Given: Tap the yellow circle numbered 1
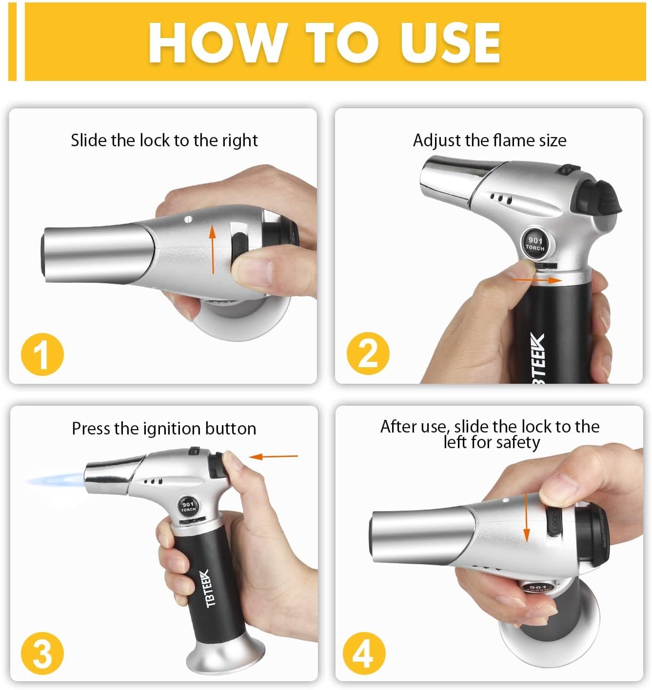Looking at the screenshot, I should coord(42,355).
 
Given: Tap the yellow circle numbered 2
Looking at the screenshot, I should coord(368,353).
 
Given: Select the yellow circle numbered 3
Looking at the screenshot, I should coord(42,653).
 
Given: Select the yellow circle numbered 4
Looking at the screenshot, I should coord(364,653).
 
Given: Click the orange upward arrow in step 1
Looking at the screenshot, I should coord(212,249).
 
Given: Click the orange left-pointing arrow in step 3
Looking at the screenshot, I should coord(273,456).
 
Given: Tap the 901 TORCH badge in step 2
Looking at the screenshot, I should coord(535,243).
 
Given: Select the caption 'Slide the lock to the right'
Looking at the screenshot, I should coord(164,140).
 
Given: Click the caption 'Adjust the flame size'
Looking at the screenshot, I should coord(490,140).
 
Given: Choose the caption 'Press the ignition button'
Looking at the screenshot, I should coord(164,428).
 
